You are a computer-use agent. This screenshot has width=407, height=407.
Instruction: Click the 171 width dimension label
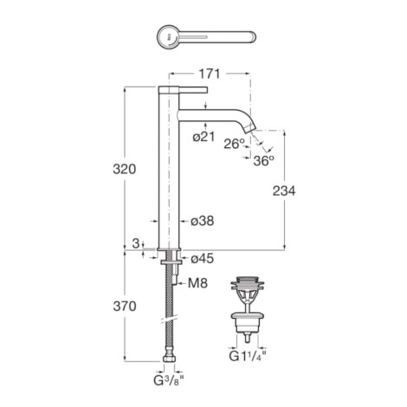(209, 74)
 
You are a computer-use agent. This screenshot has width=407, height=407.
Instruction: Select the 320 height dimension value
(125, 169)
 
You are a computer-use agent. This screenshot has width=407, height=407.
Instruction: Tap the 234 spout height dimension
(284, 191)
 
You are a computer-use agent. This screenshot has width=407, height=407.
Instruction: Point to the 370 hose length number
(125, 306)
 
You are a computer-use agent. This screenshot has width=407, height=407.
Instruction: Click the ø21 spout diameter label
(203, 137)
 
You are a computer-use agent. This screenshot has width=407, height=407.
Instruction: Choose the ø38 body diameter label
(203, 221)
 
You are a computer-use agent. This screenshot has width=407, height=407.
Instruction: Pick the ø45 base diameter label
(203, 258)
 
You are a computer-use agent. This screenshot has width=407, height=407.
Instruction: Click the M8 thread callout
(197, 283)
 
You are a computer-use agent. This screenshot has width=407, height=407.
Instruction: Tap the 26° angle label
(235, 144)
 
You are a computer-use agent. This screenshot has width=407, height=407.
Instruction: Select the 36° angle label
(263, 160)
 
